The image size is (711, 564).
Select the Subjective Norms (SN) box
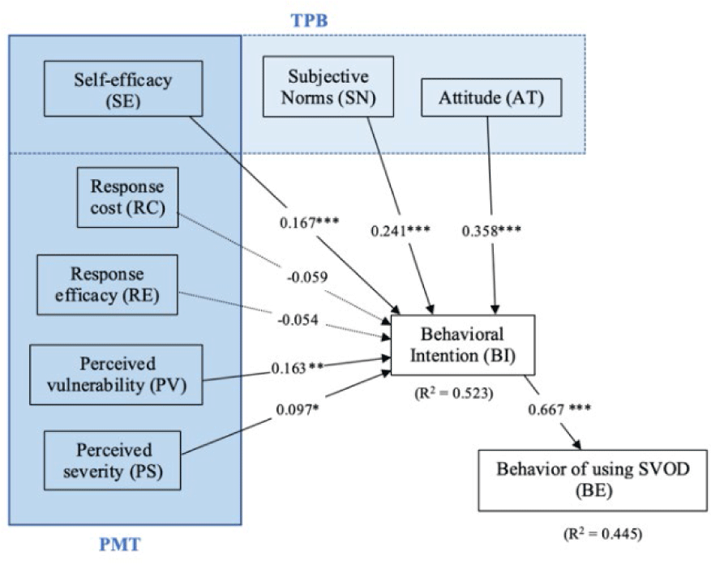pyautogui.click(x=328, y=87)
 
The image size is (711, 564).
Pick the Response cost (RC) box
pyautogui.click(x=127, y=197)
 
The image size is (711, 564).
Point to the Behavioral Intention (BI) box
pyautogui.click(x=460, y=345)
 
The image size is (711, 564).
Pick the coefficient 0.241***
pyautogui.click(x=400, y=230)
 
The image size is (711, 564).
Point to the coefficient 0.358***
pyautogui.click(x=491, y=230)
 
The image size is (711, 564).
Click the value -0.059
pyautogui.click(x=307, y=278)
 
